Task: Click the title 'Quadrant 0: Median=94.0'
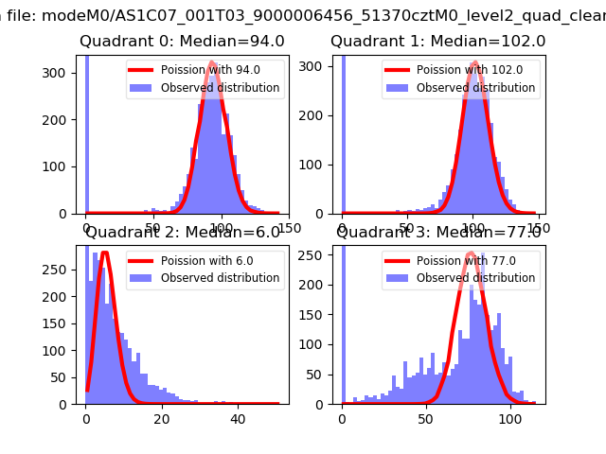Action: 182,42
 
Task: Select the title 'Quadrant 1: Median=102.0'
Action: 437,42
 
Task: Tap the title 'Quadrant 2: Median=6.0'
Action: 183,233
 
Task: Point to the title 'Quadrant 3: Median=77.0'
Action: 438,233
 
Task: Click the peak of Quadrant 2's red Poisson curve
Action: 104,253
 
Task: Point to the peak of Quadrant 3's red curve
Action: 471,253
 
